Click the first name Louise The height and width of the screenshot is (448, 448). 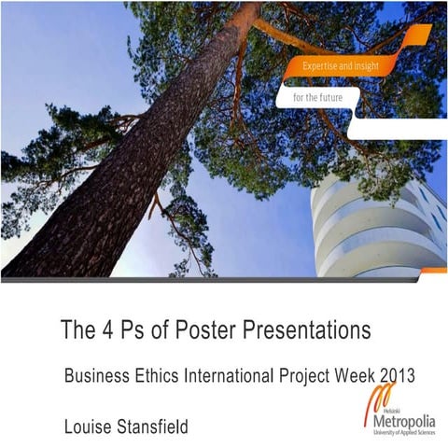pos(89,427)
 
